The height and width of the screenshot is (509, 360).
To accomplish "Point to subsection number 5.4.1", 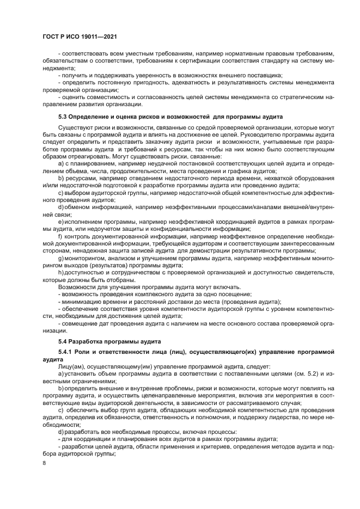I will (x=66, y=353).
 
